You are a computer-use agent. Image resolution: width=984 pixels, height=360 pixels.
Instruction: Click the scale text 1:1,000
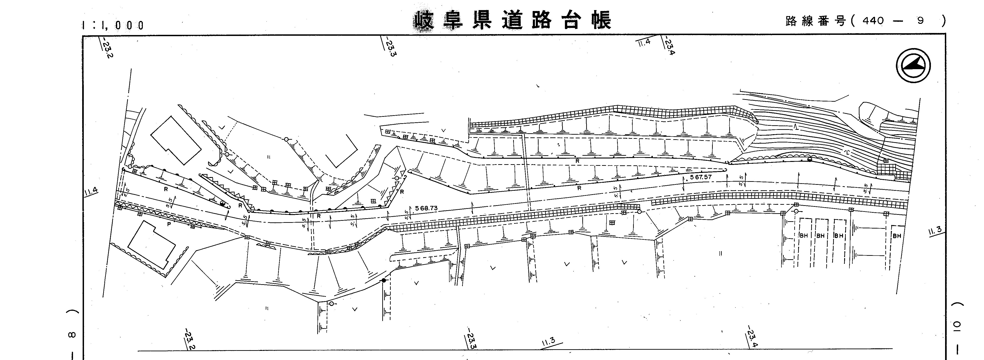(x=114, y=25)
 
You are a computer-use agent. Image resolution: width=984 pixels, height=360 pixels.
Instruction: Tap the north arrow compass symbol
(x=913, y=65)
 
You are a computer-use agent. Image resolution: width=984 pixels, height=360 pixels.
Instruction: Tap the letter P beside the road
(x=168, y=225)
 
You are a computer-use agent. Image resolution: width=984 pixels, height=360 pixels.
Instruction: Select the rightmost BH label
(x=897, y=236)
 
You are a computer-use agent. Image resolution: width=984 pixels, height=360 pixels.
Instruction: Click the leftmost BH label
(x=803, y=236)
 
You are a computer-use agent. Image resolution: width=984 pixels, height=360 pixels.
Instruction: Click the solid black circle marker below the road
(x=384, y=280)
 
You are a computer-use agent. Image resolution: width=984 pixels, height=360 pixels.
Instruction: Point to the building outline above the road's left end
(x=176, y=140)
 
